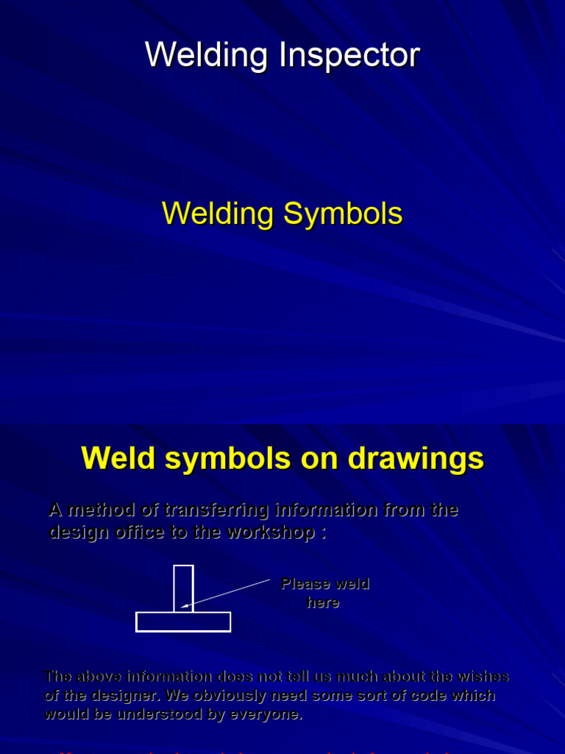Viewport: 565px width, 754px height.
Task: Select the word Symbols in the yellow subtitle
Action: point(343,214)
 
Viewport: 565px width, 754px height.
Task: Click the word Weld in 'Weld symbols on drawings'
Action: point(118,458)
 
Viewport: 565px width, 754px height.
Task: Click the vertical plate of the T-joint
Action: point(183,588)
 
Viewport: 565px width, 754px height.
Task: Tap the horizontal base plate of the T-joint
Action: point(183,621)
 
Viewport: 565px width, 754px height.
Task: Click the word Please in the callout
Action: point(305,584)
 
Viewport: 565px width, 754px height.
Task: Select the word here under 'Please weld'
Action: point(323,602)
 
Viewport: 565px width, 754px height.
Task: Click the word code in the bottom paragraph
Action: point(424,695)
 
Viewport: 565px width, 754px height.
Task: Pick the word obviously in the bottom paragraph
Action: point(224,695)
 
